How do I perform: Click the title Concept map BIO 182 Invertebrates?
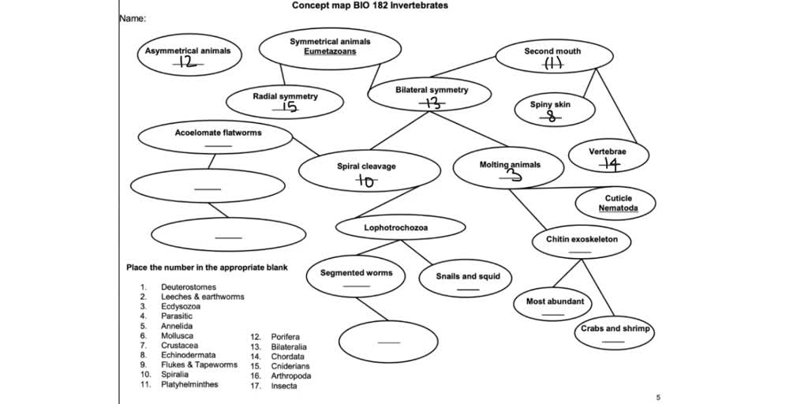tap(369, 6)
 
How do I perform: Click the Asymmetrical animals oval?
tap(188, 54)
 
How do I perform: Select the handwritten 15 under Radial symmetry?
tap(289, 108)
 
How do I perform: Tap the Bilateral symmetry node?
tap(431, 95)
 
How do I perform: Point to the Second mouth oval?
tap(553, 56)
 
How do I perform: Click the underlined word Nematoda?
tap(618, 208)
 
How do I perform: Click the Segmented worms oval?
tap(356, 277)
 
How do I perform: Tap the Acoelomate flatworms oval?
tap(218, 137)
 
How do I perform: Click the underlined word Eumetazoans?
tap(330, 51)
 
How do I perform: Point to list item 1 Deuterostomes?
tap(188, 287)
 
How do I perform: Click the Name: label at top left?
tap(133, 19)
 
